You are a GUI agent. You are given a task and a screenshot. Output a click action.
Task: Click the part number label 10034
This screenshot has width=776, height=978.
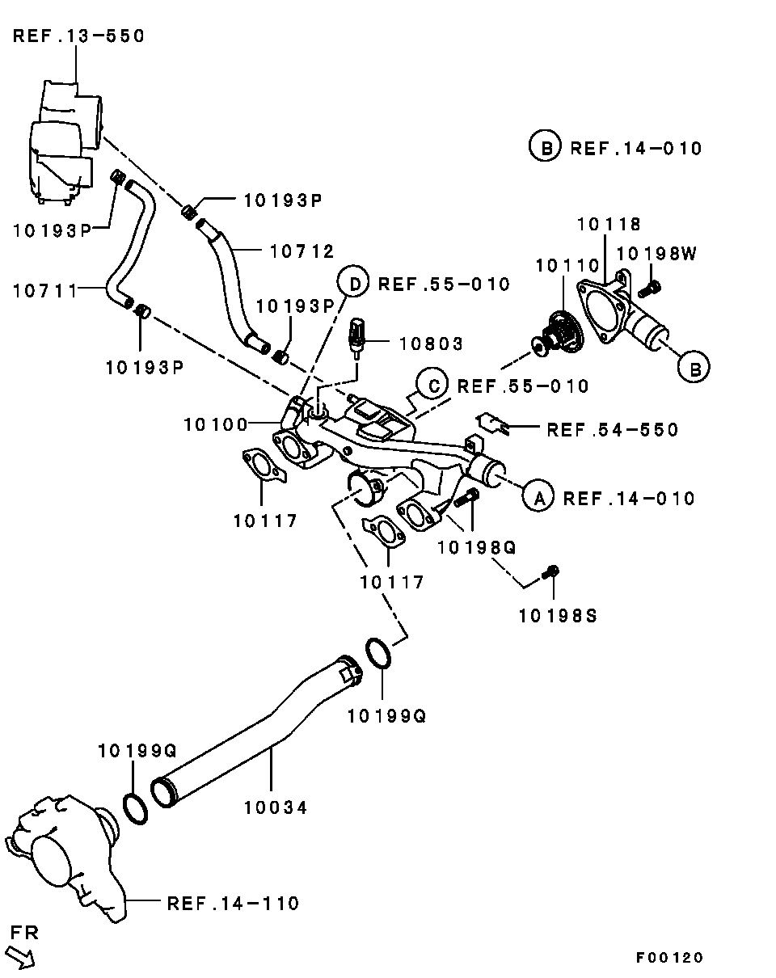276,807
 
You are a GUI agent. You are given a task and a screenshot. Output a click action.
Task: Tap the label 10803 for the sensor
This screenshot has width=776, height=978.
432,344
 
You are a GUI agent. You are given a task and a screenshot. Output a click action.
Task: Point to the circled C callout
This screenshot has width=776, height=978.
433,386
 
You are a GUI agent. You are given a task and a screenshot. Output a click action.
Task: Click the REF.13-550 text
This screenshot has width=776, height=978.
78,36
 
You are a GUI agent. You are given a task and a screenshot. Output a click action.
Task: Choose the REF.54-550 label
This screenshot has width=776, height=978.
612,430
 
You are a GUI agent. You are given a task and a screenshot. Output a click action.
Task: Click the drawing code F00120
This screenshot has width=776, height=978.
669,958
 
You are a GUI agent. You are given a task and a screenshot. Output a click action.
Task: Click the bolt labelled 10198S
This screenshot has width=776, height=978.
553,572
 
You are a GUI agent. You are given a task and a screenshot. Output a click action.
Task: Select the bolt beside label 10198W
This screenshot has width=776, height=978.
651,286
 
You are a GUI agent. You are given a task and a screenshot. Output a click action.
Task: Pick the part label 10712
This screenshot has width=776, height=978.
302,251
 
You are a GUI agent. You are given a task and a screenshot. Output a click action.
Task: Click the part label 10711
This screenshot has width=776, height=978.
45,289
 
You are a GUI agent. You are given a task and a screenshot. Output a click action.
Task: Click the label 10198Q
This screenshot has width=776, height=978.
476,548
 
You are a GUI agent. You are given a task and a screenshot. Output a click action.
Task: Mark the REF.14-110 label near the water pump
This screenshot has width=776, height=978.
233,903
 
